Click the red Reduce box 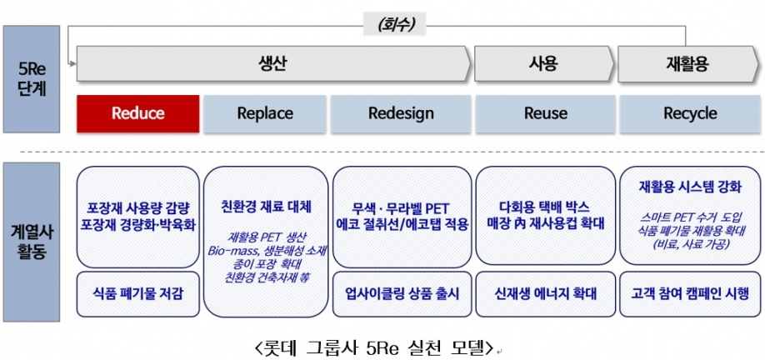[137, 113]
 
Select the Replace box [265, 113]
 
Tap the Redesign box [402, 113]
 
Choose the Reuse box [545, 113]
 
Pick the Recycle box [690, 113]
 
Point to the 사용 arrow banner [543, 64]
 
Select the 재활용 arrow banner [687, 64]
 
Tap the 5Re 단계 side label [31, 78]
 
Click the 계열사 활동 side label [31, 240]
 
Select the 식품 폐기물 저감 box [137, 293]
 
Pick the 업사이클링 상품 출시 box [402, 293]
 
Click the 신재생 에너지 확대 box [545, 293]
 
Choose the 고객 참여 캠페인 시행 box [690, 293]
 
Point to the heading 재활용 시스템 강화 [690, 187]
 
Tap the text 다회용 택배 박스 [545, 206]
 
